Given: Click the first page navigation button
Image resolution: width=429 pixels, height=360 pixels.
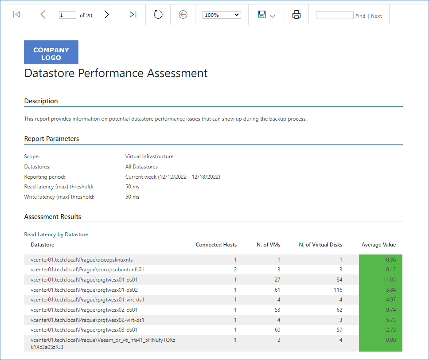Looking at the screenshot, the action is pos(16,14).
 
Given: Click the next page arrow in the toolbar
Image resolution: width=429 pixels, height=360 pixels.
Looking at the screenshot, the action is pos(106,14).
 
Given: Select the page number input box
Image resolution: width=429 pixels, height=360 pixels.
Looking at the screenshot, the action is pos(67,15).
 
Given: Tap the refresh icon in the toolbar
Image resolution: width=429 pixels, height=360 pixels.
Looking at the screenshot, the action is pos(158,14).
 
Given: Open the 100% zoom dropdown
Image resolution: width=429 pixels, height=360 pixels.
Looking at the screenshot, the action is pos(222,15).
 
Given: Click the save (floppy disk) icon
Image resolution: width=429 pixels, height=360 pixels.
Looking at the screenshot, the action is pos(262,14).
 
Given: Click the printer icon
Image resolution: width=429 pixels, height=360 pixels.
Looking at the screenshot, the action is pos(296,14).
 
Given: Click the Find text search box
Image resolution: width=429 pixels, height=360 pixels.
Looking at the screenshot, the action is pos(334,16).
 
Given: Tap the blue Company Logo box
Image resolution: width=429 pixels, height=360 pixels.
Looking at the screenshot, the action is pos(51,52).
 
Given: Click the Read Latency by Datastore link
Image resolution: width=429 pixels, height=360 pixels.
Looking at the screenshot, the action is pos(56,235).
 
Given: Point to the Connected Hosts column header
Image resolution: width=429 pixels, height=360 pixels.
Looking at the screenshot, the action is pos(216,245).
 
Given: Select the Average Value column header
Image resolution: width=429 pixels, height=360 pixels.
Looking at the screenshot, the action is pos(378,245).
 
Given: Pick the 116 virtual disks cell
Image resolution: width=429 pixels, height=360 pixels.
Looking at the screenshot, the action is pos(338,290).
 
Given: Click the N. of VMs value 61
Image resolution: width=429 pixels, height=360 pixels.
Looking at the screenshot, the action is pos(277,290).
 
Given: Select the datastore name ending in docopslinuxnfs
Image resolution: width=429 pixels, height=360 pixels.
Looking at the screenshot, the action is pos(82,259).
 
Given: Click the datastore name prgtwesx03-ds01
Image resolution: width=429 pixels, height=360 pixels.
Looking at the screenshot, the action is pos(84,330).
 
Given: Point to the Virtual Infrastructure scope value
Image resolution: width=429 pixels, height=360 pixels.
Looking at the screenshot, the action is pos(149,157).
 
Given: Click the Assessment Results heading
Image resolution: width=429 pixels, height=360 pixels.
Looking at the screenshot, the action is pos(53,216).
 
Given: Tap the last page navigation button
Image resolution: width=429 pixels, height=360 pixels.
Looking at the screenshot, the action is pos(133,14).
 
